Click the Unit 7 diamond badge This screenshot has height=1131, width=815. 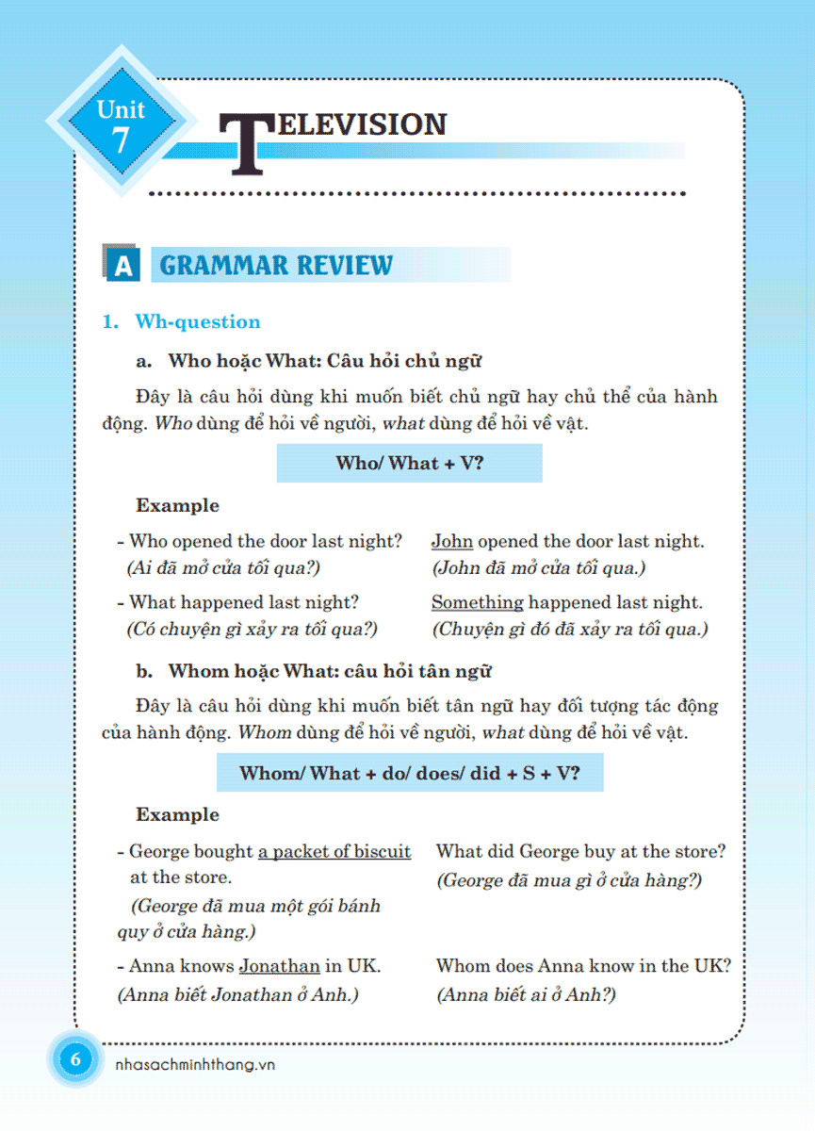(x=121, y=123)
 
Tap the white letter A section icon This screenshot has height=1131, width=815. (x=123, y=267)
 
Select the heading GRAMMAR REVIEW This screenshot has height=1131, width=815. (x=276, y=265)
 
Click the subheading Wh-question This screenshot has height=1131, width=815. (x=197, y=321)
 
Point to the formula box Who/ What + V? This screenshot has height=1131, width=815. (x=409, y=463)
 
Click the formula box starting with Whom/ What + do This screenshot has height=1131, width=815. (x=409, y=773)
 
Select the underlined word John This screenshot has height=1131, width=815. (x=452, y=541)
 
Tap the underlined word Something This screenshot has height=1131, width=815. (x=477, y=602)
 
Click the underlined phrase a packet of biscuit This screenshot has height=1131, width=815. (x=334, y=851)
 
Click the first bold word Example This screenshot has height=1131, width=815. (x=177, y=505)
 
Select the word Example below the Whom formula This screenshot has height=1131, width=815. (x=177, y=814)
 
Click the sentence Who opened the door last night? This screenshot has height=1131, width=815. (x=265, y=541)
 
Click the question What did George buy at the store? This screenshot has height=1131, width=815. (x=580, y=851)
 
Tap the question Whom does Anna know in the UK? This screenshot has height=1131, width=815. (x=583, y=966)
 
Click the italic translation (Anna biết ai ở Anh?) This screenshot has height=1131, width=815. (x=526, y=995)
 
